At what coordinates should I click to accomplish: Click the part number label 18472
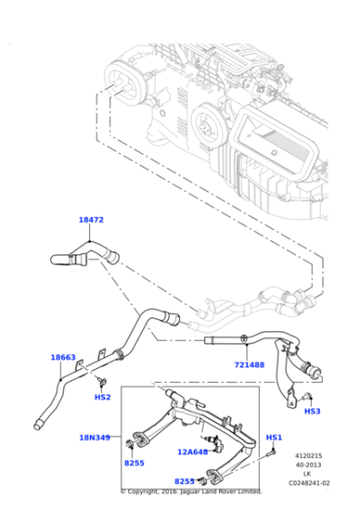(x=90, y=220)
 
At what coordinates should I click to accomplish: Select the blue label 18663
(x=62, y=357)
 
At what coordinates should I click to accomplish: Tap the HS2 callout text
(x=102, y=397)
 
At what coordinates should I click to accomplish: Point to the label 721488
(x=248, y=364)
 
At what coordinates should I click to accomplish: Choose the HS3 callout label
(x=312, y=411)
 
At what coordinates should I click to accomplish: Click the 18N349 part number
(x=94, y=437)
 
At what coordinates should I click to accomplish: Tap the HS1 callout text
(x=274, y=437)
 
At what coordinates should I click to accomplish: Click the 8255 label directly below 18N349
(x=134, y=463)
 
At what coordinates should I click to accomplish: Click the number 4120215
(x=307, y=455)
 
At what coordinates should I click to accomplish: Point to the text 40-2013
(x=307, y=464)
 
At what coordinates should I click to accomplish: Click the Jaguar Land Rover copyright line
(x=191, y=491)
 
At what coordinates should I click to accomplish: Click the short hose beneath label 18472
(x=82, y=254)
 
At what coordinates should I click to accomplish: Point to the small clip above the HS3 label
(x=306, y=396)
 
